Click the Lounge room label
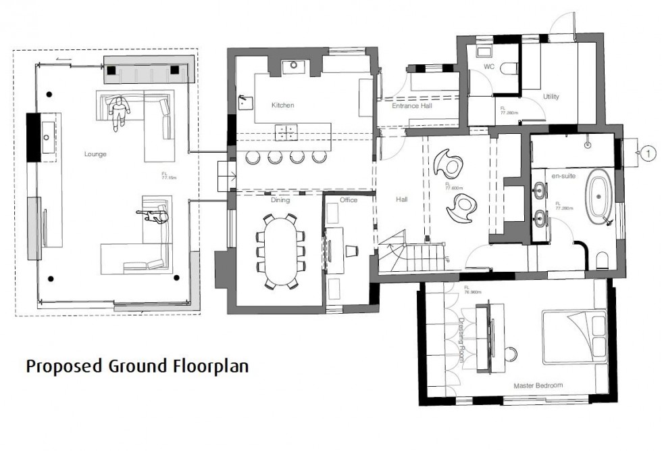[95, 154]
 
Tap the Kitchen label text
[282, 105]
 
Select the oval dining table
[279, 251]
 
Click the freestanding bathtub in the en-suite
[599, 197]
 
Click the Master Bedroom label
[538, 385]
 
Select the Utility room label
[551, 97]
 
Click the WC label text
[490, 68]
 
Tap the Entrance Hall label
[413, 105]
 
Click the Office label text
[348, 200]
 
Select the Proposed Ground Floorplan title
[137, 366]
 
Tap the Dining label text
[280, 200]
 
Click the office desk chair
[351, 251]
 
